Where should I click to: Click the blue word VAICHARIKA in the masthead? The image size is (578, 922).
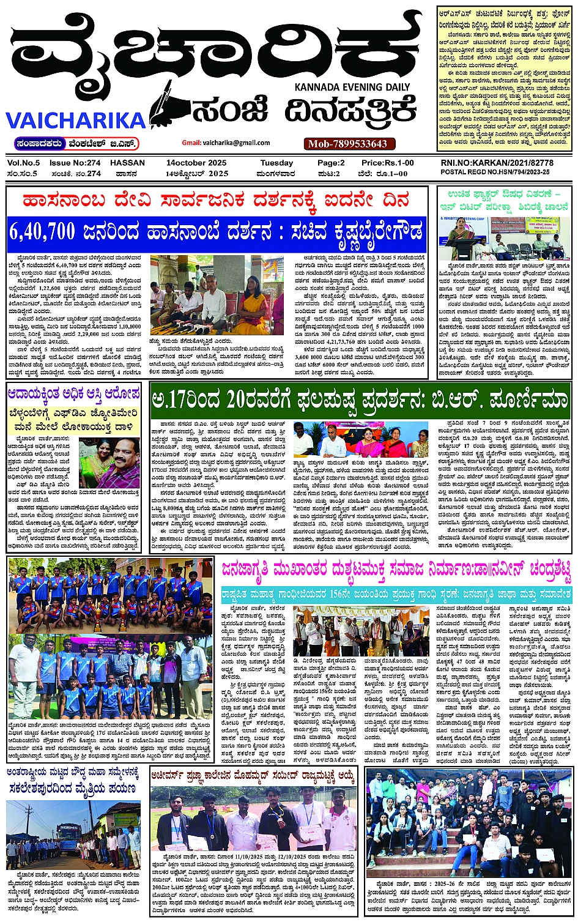[x=75, y=119]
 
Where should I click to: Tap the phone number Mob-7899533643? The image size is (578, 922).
[x=347, y=144]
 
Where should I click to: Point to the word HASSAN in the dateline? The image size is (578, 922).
[x=127, y=163]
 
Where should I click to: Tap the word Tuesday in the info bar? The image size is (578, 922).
[x=276, y=163]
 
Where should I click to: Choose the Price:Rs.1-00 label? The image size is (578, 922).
[x=387, y=163]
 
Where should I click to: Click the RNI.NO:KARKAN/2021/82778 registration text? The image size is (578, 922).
[x=497, y=163]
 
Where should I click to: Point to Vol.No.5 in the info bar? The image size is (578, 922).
[x=23, y=163]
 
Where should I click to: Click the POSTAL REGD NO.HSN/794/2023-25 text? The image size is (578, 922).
[x=495, y=173]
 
